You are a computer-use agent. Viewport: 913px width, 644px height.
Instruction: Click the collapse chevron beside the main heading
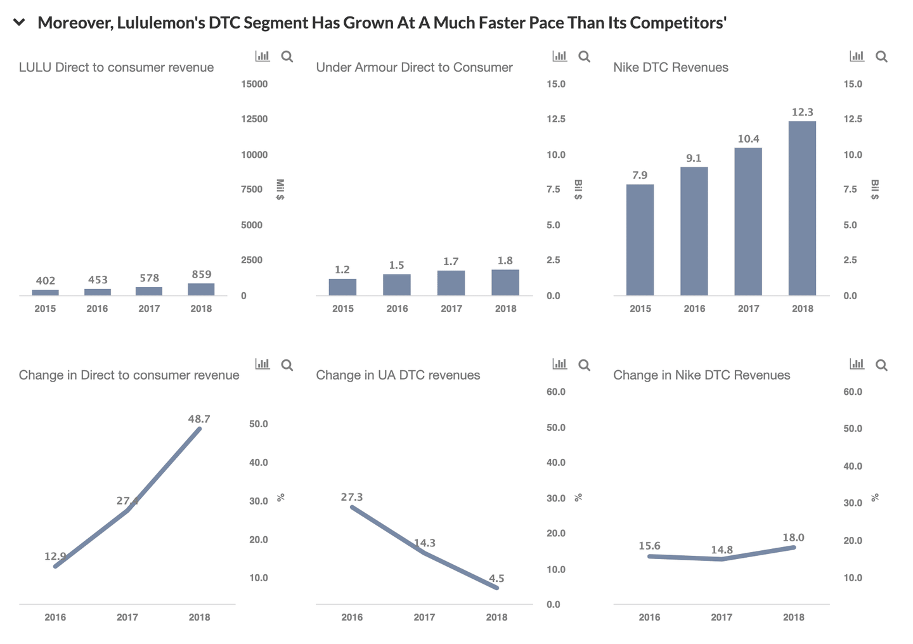tap(19, 23)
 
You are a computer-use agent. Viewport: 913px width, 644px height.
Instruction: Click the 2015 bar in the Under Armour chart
tap(342, 287)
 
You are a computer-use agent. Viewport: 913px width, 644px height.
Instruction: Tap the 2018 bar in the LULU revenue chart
tap(201, 290)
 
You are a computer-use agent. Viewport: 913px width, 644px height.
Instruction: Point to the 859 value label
tap(202, 274)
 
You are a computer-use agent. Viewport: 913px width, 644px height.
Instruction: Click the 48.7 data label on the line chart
tap(199, 419)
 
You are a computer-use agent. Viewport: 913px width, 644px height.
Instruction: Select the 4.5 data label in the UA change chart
tap(496, 578)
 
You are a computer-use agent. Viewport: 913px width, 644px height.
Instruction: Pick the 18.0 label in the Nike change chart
tap(793, 538)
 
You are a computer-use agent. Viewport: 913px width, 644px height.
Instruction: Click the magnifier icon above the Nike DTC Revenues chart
tap(881, 56)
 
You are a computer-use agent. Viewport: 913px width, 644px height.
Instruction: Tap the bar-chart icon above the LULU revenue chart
tap(262, 56)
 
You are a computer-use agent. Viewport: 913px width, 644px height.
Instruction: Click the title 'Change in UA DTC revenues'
tap(398, 375)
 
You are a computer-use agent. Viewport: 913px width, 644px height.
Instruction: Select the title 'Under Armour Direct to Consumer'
tap(414, 67)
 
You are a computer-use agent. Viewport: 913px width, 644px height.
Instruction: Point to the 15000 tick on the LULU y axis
tap(254, 84)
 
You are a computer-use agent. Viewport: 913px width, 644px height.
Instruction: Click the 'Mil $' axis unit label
tap(280, 190)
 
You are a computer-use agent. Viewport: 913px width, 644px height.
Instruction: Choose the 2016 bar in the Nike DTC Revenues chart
tap(694, 231)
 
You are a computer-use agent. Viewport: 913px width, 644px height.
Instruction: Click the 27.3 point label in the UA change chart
tap(352, 497)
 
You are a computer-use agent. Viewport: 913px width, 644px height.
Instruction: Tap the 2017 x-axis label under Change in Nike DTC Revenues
tap(722, 617)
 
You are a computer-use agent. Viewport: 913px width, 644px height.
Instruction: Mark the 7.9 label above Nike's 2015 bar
tap(640, 175)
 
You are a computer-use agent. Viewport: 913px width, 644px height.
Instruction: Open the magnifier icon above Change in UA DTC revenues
tap(584, 365)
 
